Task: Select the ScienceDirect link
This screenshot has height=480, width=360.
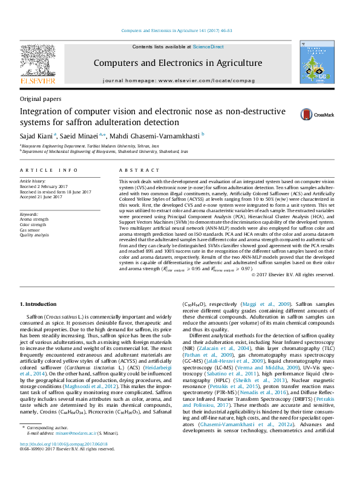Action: pyautogui.click(x=208, y=47)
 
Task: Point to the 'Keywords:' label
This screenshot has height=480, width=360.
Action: pyautogui.click(x=29, y=214)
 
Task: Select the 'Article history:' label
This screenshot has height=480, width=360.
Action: pyautogui.click(x=33, y=181)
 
